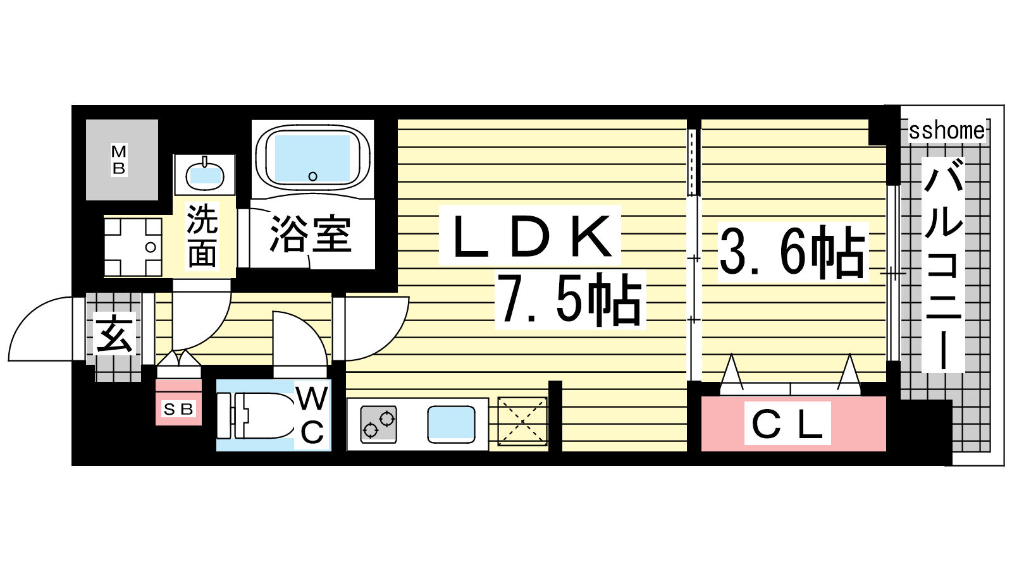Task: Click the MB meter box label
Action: point(119,159)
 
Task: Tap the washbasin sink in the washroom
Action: point(205,174)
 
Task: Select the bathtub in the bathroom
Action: point(312,159)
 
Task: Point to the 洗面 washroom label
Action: point(202,236)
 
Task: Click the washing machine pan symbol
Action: point(133,247)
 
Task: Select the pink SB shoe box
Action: point(178,402)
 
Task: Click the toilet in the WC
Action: point(256,415)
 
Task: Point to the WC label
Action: point(312,415)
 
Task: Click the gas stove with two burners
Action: point(379,424)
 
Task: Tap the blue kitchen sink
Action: point(452,424)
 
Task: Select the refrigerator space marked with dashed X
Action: point(522,422)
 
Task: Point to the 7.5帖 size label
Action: point(570,300)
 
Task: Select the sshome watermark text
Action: point(947,131)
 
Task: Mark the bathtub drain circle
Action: point(312,176)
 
